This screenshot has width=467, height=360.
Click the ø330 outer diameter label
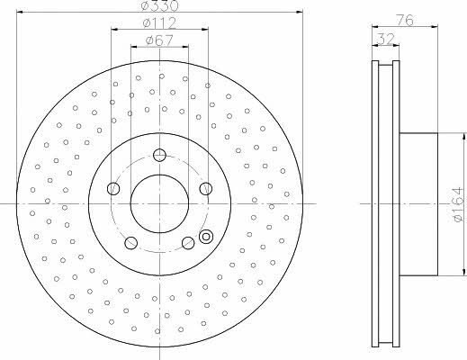(x=159, y=5)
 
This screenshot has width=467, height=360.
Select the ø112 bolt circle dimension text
(x=159, y=22)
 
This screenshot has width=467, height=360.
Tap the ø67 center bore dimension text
(x=159, y=40)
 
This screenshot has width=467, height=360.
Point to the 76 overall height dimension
(x=405, y=20)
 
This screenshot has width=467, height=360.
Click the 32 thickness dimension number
(x=385, y=39)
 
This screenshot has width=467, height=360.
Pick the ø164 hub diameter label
(x=458, y=204)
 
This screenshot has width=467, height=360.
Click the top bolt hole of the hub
(x=159, y=155)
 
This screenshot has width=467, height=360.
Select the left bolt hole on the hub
(x=113, y=188)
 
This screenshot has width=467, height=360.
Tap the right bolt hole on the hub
(x=206, y=188)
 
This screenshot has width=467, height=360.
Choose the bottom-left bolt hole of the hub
(x=130, y=243)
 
